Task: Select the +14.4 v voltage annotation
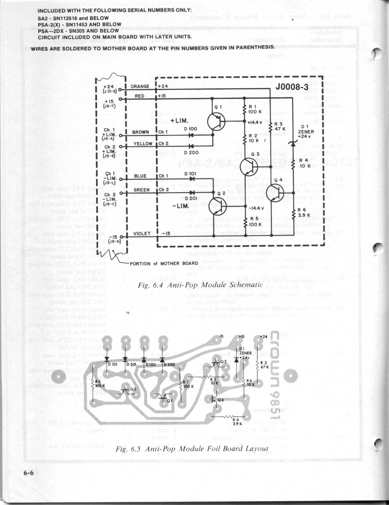click(x=255, y=122)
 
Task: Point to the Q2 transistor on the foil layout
click(x=127, y=390)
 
